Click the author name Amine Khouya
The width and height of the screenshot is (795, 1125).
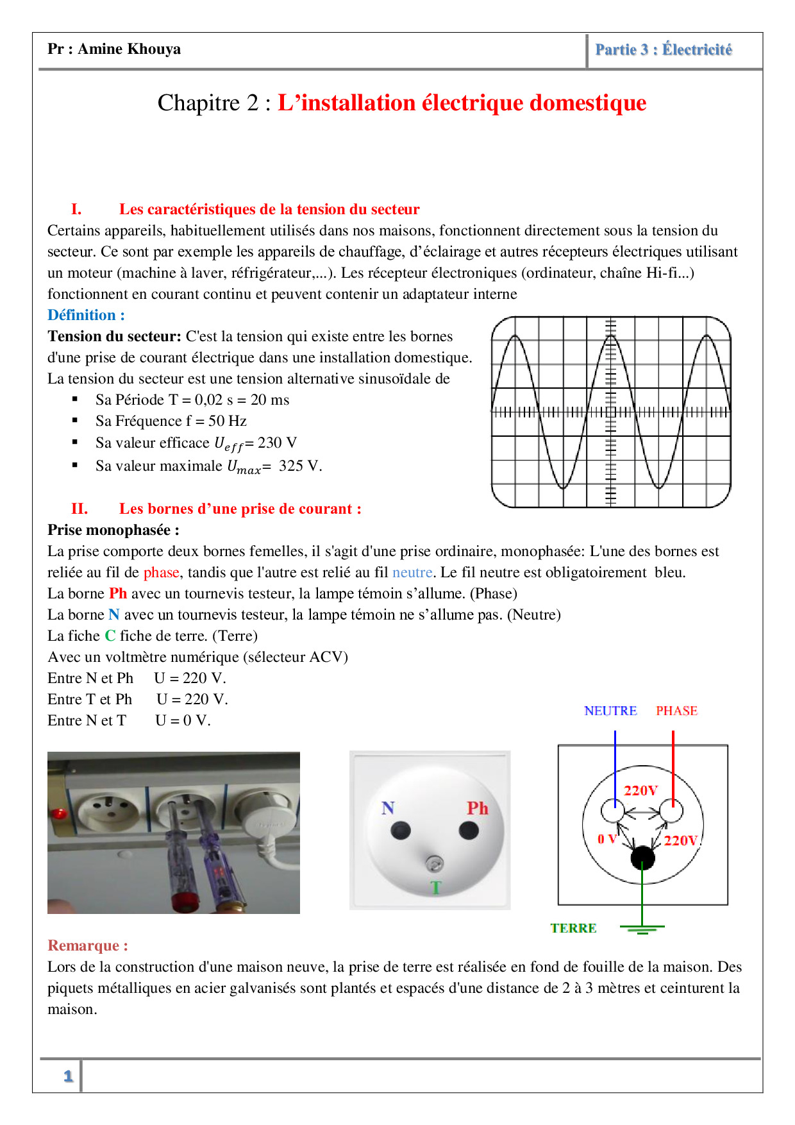click(129, 49)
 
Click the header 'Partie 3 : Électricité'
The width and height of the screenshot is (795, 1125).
click(663, 50)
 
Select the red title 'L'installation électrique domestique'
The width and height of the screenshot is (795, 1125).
click(462, 103)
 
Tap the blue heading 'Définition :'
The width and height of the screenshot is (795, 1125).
click(86, 315)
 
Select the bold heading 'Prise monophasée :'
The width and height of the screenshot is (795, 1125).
click(113, 530)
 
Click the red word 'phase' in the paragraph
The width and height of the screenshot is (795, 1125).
click(161, 572)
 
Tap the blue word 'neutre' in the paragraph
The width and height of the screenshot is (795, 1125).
click(412, 572)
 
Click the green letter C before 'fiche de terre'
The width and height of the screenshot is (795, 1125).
click(110, 636)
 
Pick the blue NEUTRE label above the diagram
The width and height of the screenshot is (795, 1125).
click(610, 711)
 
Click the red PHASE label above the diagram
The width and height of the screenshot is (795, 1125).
click(676, 711)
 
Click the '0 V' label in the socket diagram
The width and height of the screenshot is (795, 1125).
click(606, 839)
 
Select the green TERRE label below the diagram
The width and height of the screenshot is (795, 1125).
click(573, 928)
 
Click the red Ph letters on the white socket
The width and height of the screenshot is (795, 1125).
click(477, 808)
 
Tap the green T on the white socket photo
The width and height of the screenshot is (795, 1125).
click(436, 888)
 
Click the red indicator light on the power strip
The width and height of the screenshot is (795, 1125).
click(59, 814)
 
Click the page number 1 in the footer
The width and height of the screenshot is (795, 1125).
click(68, 1076)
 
